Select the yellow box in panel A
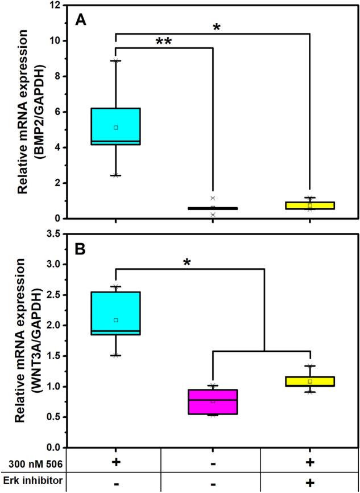point(310,206)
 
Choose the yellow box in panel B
point(310,381)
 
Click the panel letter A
point(82,20)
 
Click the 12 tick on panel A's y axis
point(53,5)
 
